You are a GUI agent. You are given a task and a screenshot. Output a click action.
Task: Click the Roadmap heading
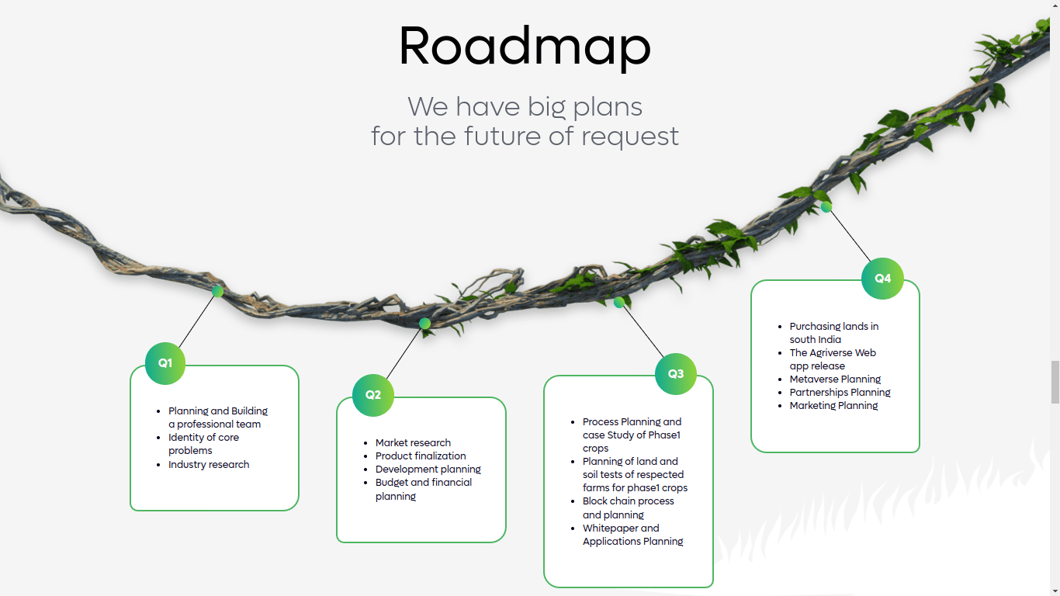tap(525, 47)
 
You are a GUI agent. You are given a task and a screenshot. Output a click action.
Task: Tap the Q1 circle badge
tap(165, 363)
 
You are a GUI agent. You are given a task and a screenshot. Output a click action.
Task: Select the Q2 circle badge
tap(373, 395)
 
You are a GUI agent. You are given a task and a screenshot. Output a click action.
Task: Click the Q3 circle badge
tap(676, 374)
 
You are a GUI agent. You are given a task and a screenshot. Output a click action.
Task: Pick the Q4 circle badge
tap(882, 279)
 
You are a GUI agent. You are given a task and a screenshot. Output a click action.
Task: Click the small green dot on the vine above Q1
tap(218, 291)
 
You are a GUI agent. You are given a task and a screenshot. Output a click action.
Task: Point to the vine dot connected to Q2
tap(425, 324)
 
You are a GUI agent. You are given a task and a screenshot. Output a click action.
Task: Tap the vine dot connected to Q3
tap(619, 303)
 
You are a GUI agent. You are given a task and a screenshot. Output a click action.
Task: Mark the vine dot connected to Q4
tap(826, 207)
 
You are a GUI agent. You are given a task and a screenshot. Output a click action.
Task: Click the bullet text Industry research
tap(209, 464)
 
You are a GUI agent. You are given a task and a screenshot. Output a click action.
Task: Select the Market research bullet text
tap(413, 442)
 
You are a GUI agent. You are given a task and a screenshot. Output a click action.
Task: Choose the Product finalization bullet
tap(421, 456)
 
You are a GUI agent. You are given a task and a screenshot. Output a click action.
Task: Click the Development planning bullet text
tap(428, 470)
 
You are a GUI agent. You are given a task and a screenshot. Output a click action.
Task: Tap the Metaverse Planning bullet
tap(835, 379)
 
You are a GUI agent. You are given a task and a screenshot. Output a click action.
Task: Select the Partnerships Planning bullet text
tap(840, 393)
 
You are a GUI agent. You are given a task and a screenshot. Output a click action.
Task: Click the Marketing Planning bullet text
tap(834, 406)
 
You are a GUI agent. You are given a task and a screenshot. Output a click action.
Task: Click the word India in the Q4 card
tap(830, 339)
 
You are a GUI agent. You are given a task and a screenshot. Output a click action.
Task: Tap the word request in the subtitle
tap(630, 137)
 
